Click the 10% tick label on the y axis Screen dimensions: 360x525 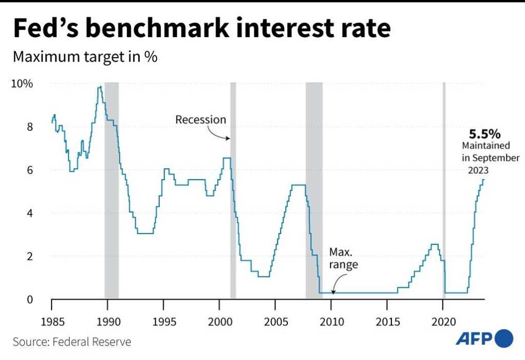[x=22, y=84]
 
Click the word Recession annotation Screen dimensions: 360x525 [x=201, y=120]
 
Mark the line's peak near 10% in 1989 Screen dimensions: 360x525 [x=99, y=87]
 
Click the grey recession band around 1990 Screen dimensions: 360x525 [x=111, y=187]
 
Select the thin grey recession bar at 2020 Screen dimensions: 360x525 [x=444, y=187]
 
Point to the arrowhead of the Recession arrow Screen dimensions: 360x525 [x=229, y=139]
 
